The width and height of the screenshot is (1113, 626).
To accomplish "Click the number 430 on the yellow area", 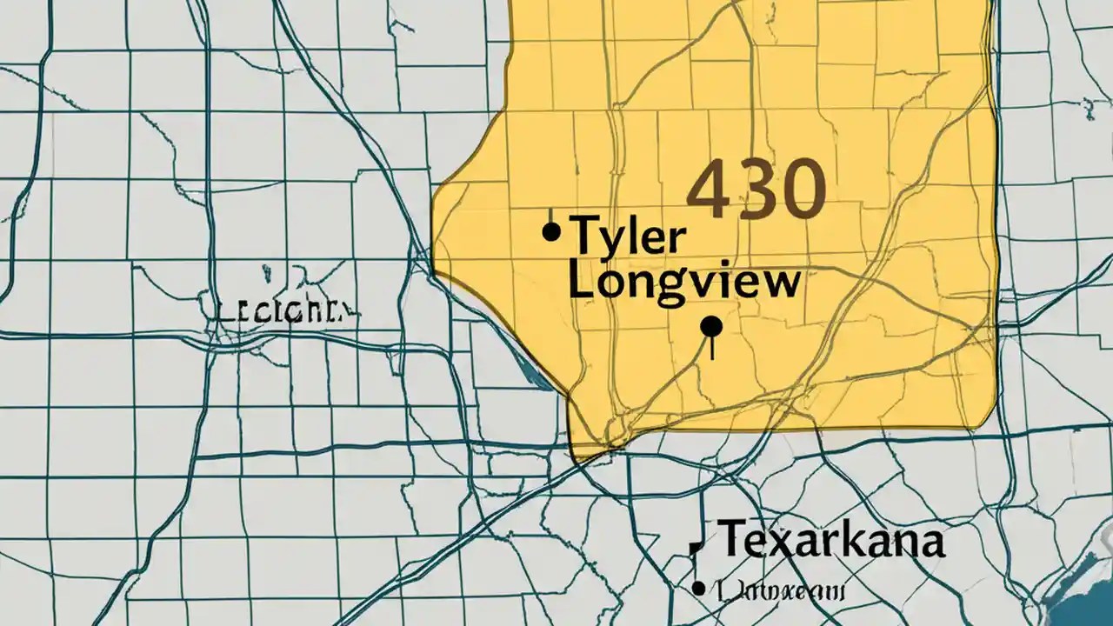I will pos(755,188).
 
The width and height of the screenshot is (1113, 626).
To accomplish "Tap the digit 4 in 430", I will pos(708,189).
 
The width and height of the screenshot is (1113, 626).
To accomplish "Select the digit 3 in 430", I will pos(755,189).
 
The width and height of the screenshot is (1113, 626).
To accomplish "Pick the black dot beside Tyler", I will pos(550,231).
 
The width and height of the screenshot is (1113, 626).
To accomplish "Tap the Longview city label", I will pos(683,283).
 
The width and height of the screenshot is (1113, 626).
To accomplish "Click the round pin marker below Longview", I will pos(711,327).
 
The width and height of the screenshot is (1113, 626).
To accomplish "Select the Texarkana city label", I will pos(830,539).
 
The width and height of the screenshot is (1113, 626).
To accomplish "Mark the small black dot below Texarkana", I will pos(698,589).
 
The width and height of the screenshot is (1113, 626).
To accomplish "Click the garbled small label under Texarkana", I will pos(777,591).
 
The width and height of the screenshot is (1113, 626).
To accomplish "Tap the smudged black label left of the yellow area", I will pos(283,310).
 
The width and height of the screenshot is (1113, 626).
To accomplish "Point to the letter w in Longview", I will pos(776,284).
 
